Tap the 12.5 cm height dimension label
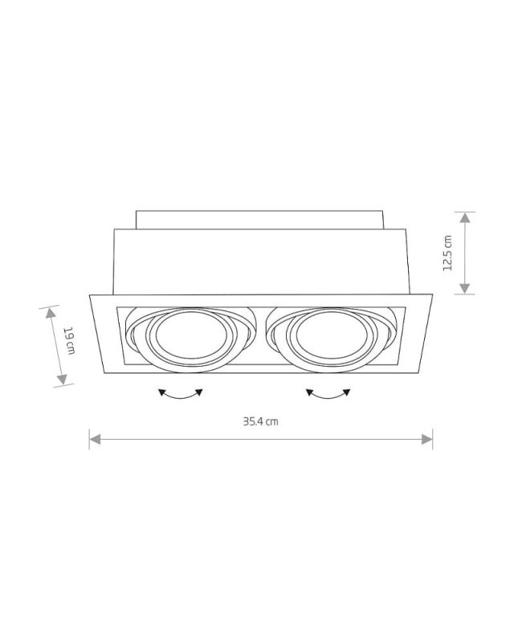pyautogui.click(x=447, y=253)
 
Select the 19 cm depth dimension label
pyautogui.click(x=70, y=341)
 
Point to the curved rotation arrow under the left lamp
pyautogui.click(x=181, y=393)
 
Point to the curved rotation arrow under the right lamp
pyautogui.click(x=328, y=393)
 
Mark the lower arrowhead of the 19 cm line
pyautogui.click(x=62, y=381)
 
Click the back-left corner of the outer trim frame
pyautogui.click(x=88, y=294)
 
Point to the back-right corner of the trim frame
pyautogui.click(x=434, y=294)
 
